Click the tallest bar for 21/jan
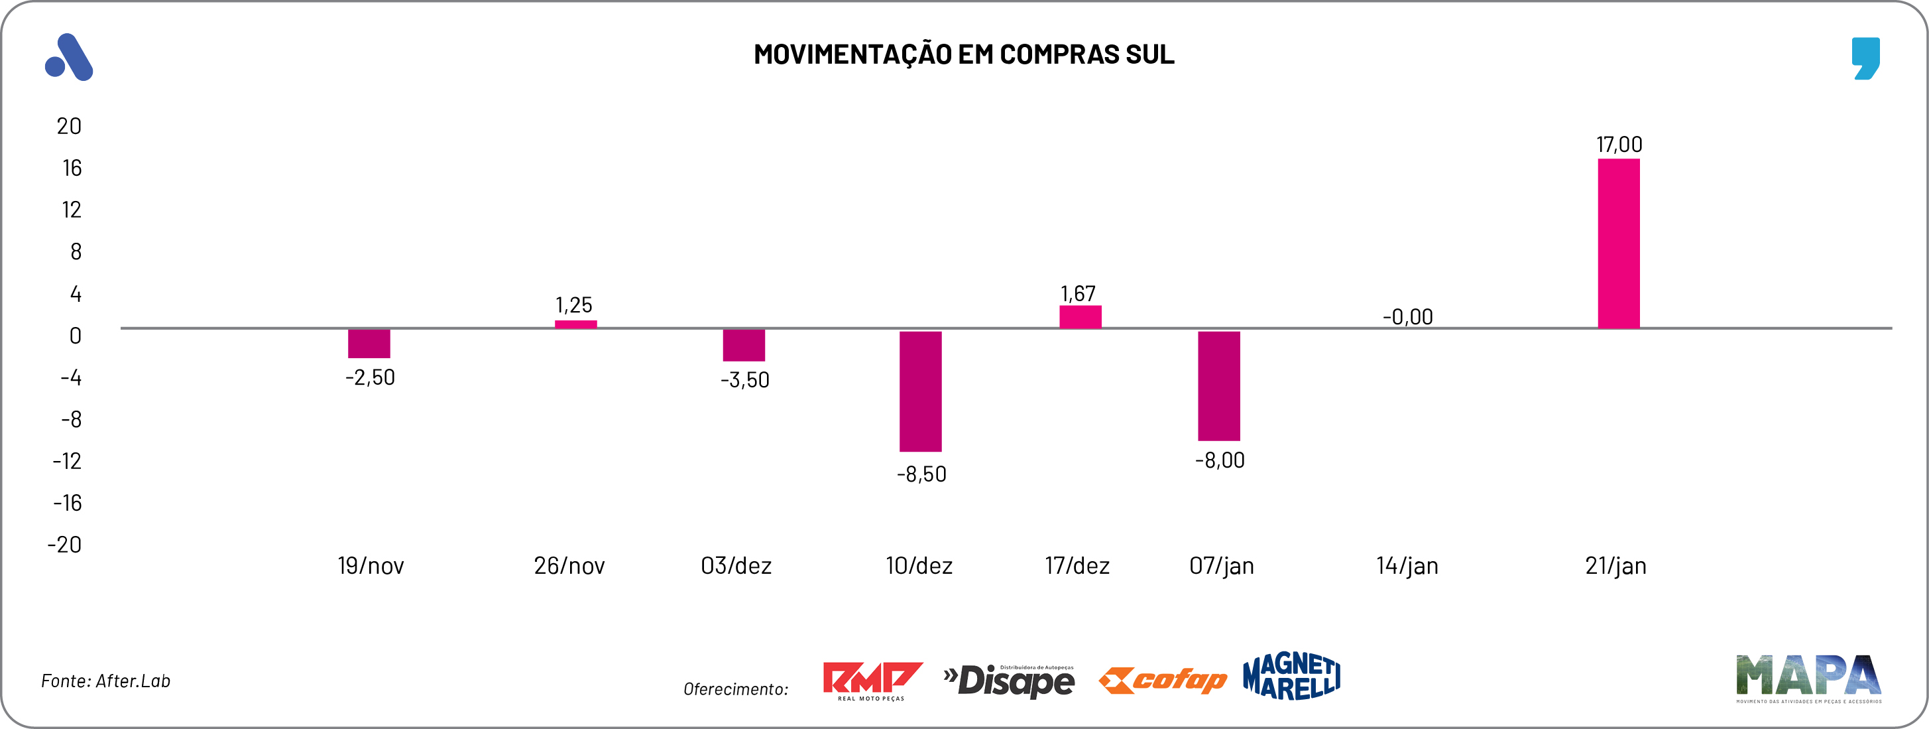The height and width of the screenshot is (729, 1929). pos(1618,243)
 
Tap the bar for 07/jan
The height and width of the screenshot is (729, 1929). pos(1218,385)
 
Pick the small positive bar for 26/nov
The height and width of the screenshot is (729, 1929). pos(575,324)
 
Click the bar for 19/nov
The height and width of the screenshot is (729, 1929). pos(369,343)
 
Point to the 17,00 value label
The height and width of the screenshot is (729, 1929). pos(1619,145)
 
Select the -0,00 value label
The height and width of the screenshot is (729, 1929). pos(1407,317)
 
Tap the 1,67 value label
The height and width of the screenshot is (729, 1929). pos(1078,294)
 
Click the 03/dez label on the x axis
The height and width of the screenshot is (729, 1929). pos(736,566)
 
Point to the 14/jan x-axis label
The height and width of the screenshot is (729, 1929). pos(1407,566)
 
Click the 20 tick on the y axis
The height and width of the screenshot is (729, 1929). pos(69,126)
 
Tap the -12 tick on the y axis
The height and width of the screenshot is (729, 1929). pos(67,461)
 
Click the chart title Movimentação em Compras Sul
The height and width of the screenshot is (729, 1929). pos(964,54)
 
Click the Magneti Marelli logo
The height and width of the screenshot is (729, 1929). pos(1291,676)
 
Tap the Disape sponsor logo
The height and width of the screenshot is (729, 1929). pos(1009,681)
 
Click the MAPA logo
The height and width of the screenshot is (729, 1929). pos(1808,677)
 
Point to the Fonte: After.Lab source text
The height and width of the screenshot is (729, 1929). pos(105,681)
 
